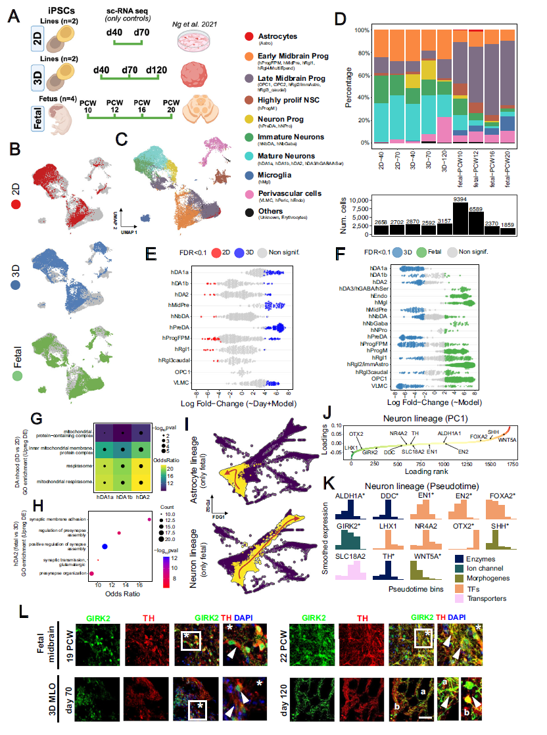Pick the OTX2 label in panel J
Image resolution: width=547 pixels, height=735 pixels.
point(356,434)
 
